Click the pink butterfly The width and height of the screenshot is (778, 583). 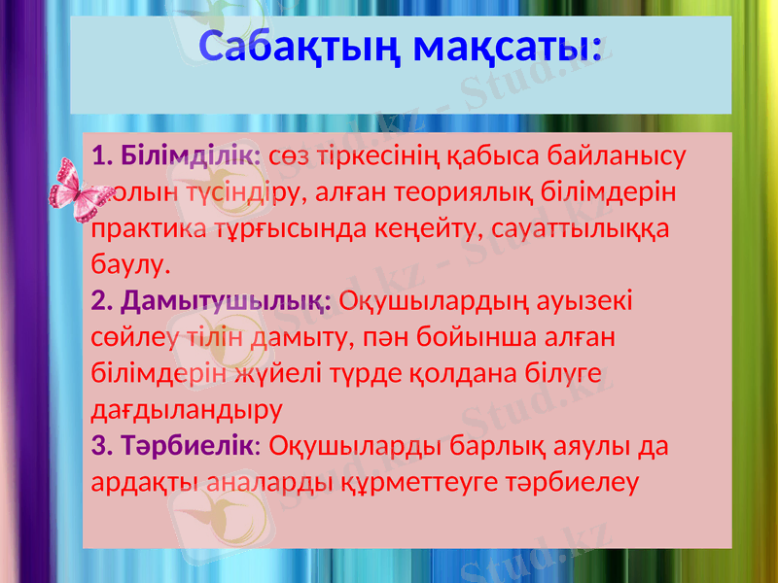[80, 195]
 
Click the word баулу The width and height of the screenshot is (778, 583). [129, 263]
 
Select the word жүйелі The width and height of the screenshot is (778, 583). [287, 373]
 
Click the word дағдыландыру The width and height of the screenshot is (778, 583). [185, 409]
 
